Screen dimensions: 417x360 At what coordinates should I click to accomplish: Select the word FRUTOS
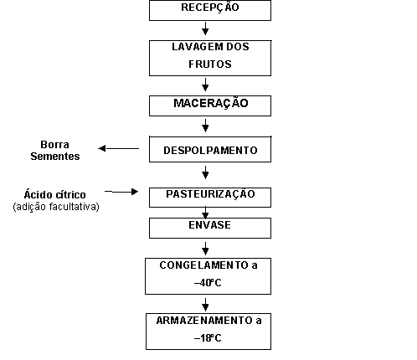coord(210,64)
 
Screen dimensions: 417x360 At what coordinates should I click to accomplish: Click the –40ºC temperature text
coord(208,283)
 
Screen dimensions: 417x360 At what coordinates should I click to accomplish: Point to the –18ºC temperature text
coord(208,338)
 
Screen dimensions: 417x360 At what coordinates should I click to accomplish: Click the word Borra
coord(54,145)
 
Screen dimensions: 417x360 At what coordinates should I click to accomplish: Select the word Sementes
coord(55,156)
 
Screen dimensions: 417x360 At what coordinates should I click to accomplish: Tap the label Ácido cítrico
coord(54,194)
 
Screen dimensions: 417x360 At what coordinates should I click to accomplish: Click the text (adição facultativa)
coord(56,207)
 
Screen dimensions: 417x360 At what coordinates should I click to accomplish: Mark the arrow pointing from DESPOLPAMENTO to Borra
coord(119,148)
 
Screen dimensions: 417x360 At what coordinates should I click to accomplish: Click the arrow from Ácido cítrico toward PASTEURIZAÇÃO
coord(121,192)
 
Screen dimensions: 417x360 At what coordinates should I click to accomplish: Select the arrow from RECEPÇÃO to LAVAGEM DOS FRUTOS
coord(205,28)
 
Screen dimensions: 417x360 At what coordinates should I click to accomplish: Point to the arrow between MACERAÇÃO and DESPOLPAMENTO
coord(205,126)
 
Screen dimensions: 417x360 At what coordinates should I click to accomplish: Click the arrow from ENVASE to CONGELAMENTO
coord(205,249)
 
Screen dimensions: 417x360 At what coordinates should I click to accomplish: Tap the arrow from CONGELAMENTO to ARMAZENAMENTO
coord(205,305)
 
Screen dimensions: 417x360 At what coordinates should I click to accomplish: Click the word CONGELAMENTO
coord(204,265)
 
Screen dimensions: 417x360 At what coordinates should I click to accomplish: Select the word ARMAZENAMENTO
coord(204,321)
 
